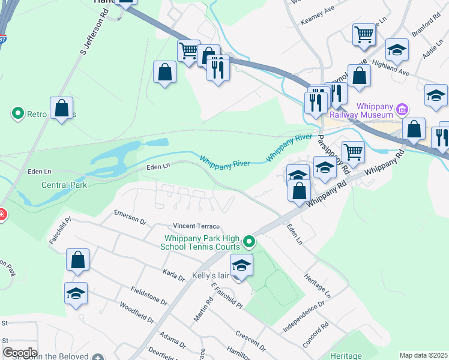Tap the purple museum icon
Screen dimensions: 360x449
(402, 110)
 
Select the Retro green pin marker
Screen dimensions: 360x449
(17, 113)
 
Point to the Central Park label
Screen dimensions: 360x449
(64, 185)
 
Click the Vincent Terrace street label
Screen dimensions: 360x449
(196, 226)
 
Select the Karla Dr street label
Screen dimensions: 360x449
(173, 275)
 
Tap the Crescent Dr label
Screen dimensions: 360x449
(250, 340)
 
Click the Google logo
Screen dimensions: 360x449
(20, 353)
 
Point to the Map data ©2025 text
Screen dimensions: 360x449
(423, 355)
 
